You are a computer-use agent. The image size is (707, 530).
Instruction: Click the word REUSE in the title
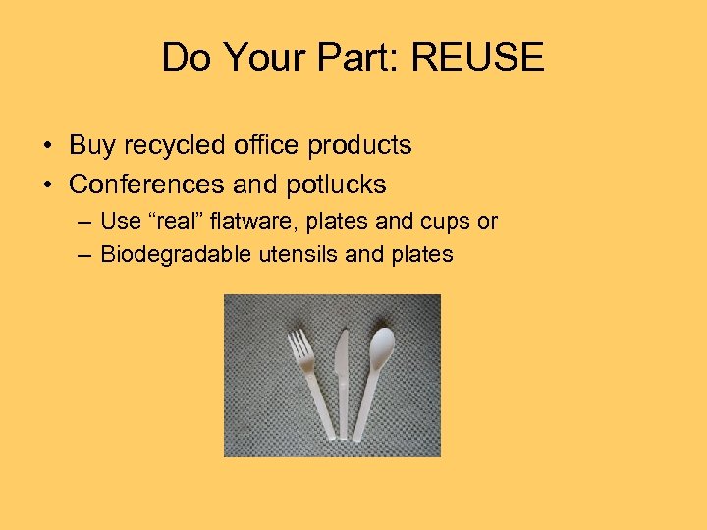pyautogui.click(x=477, y=58)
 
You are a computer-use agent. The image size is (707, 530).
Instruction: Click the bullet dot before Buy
pyautogui.click(x=48, y=147)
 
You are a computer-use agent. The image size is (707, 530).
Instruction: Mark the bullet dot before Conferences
pyautogui.click(x=48, y=185)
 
